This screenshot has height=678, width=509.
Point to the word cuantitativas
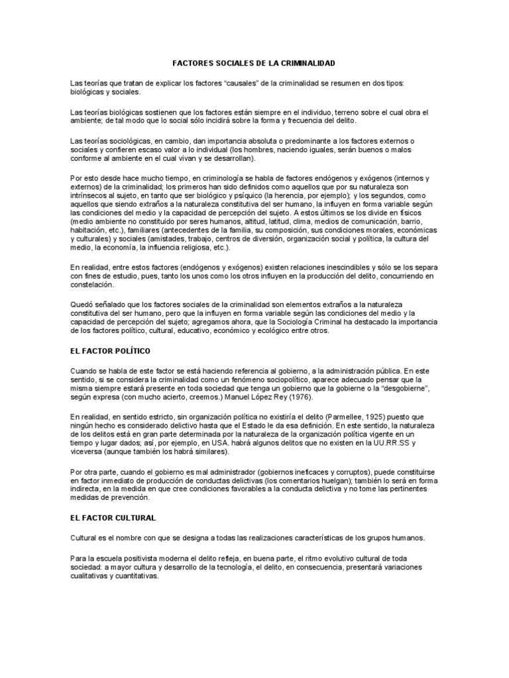coord(137,577)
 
